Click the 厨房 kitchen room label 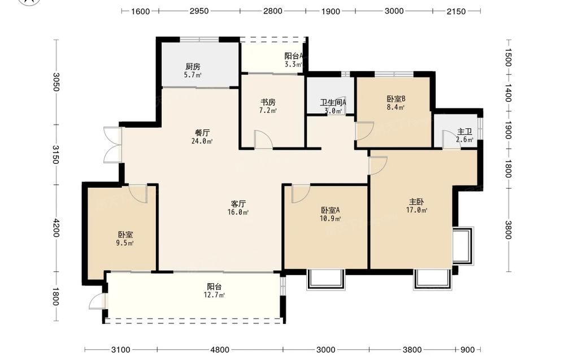193,67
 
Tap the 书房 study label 268,102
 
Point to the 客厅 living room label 238,204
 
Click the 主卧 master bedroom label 416,202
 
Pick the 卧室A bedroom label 331,210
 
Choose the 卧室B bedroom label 397,99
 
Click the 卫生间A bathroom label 333,103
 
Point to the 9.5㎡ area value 125,243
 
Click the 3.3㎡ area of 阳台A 293,64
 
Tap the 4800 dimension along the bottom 220,350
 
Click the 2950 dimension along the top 199,11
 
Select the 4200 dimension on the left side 56,228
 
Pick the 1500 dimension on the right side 508,58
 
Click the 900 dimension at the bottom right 468,350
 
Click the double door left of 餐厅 112,145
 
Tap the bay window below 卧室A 326,279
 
